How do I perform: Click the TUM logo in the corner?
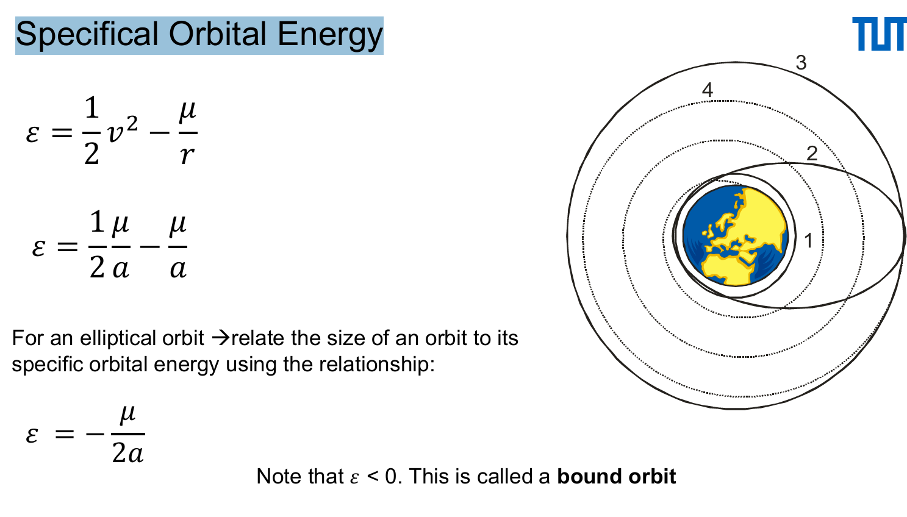878,34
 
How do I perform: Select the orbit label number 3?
801,63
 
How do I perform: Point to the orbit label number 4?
707,90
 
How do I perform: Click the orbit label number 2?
811,154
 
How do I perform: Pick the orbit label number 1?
808,241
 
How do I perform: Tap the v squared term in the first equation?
122,132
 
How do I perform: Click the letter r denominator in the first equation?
187,155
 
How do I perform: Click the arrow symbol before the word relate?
220,338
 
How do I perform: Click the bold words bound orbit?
616,477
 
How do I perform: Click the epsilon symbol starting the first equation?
33,132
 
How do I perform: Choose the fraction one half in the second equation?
97,245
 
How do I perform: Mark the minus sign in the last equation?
95,434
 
